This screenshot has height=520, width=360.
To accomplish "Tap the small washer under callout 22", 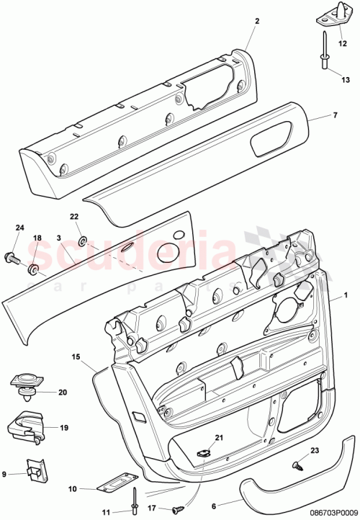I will pyautogui.click(x=83, y=238).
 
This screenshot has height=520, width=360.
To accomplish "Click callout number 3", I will pyautogui.click(x=59, y=238).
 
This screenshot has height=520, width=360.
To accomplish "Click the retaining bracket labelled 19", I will pyautogui.click(x=26, y=426).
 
